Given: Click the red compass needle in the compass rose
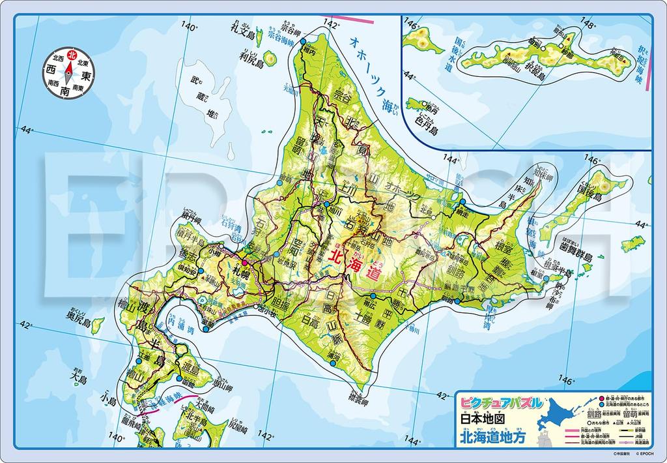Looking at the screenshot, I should pyautogui.click(x=67, y=62).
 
